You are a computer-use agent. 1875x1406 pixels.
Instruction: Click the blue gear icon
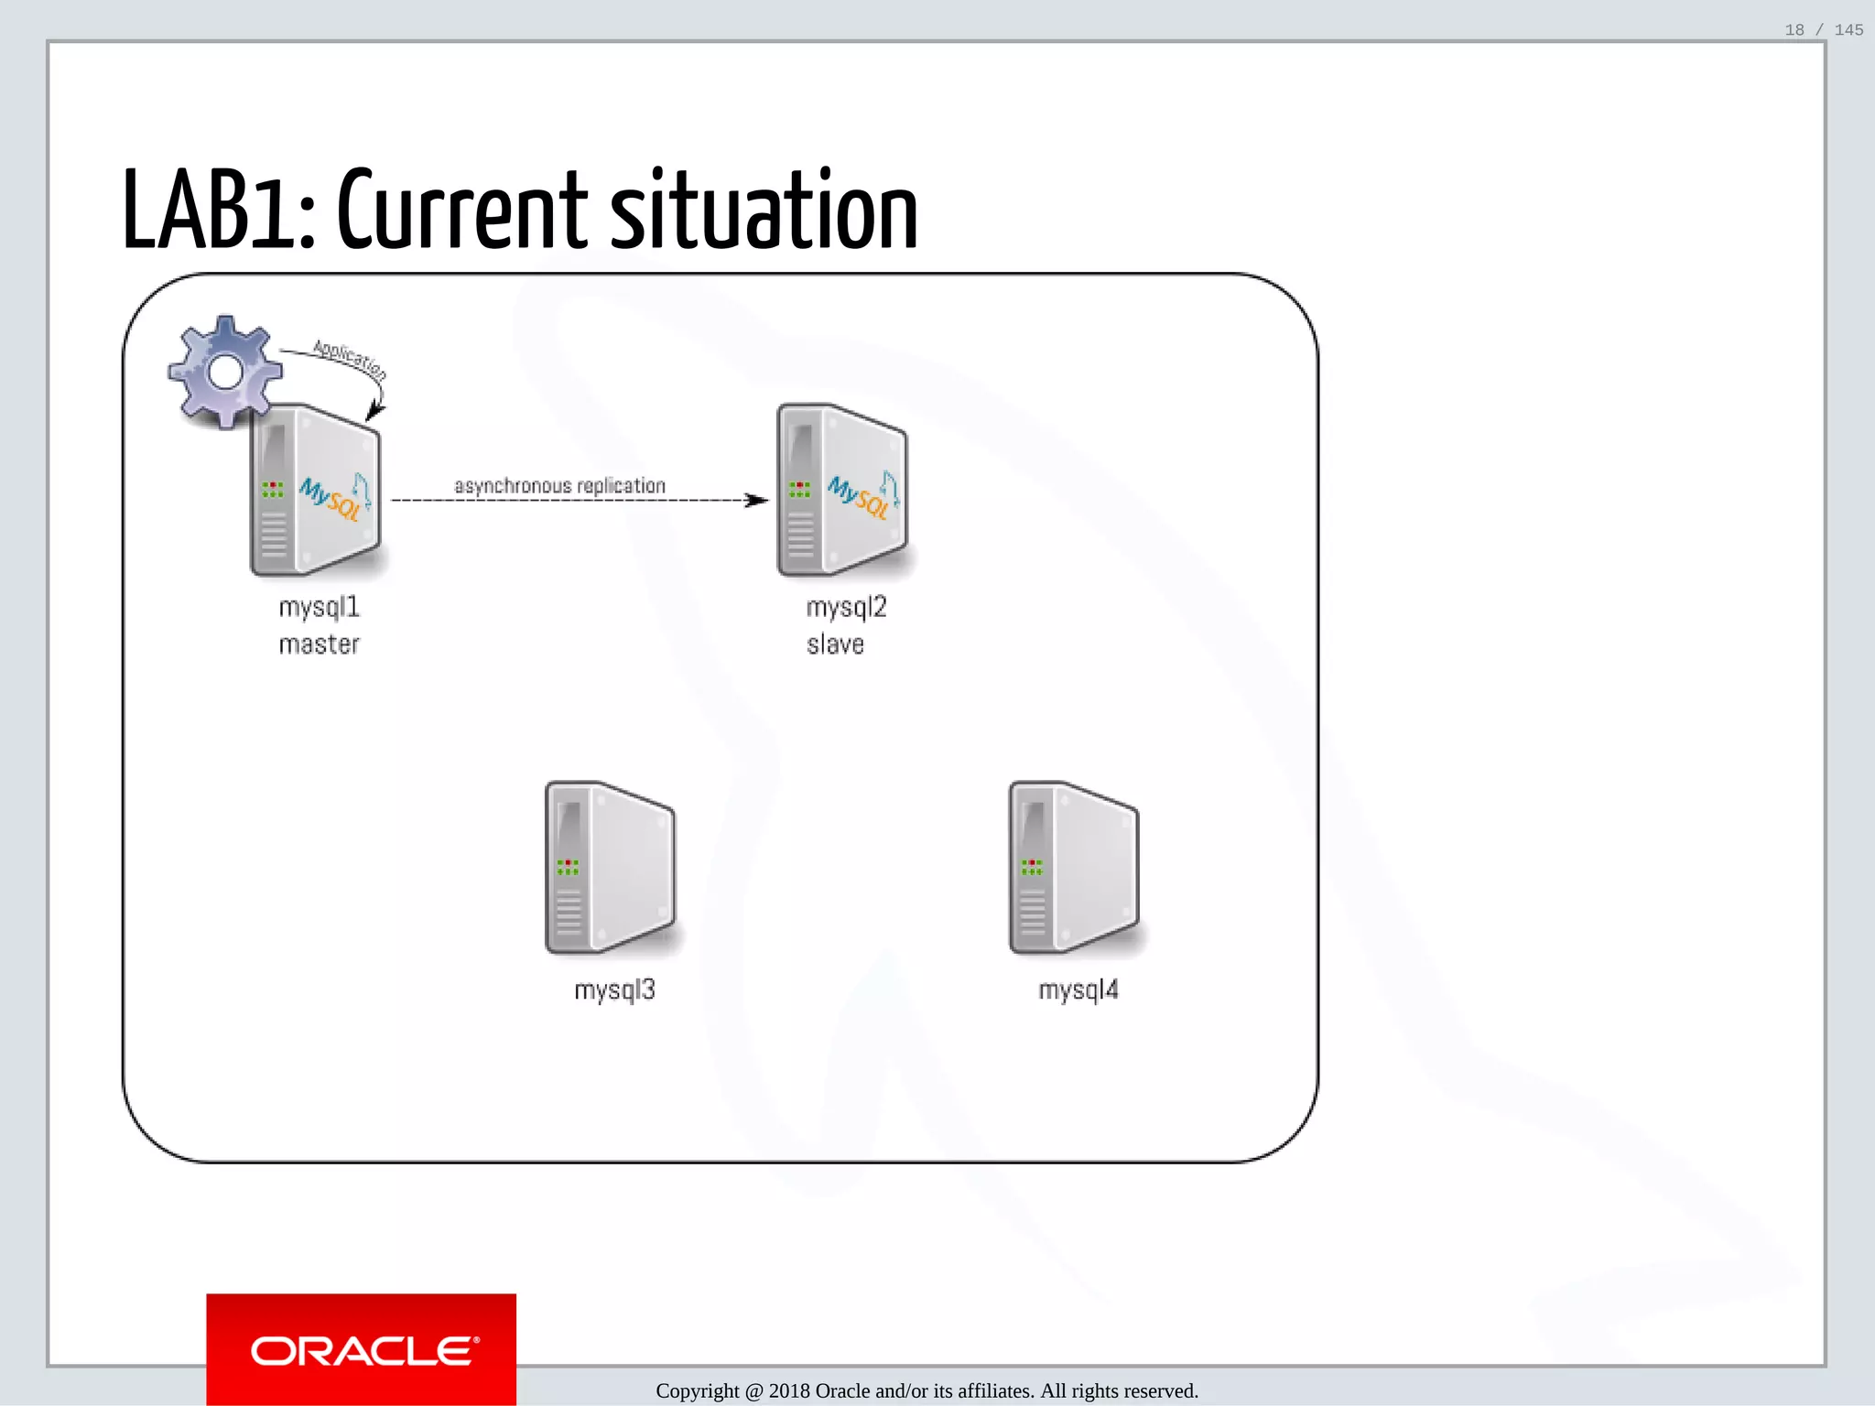coord(224,372)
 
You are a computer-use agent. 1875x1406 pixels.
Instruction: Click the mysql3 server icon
coord(610,868)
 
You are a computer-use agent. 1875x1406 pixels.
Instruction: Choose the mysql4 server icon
coord(1074,868)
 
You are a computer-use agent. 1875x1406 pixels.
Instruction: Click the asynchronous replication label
coord(559,486)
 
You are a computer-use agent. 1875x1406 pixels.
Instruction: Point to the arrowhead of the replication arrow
coord(758,500)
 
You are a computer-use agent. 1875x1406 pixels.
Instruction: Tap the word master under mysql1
coord(319,644)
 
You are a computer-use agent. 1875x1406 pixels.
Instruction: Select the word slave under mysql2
coord(835,644)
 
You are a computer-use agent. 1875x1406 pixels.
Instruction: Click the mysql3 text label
coord(614,990)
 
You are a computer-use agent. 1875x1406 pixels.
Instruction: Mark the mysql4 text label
coord(1078,990)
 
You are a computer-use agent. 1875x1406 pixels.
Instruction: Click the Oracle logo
coord(362,1350)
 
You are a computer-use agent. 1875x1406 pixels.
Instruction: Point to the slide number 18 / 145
coord(1824,30)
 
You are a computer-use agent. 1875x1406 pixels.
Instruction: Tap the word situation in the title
coord(764,212)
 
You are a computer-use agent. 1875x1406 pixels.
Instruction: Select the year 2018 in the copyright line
coord(789,1391)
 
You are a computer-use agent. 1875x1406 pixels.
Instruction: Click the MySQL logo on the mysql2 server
coord(861,496)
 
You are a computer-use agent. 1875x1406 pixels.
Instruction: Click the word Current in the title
coord(463,212)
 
